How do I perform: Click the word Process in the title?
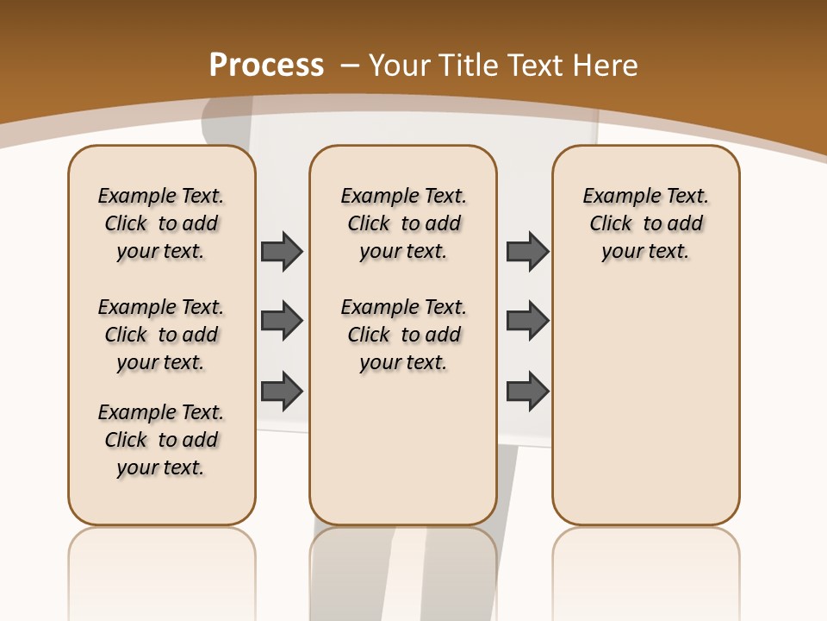(x=266, y=65)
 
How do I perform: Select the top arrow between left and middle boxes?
(x=282, y=251)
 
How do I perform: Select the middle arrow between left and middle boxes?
(x=282, y=321)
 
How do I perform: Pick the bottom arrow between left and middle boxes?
(x=282, y=391)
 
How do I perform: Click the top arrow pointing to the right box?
(x=527, y=251)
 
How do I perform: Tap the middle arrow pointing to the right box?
(x=527, y=321)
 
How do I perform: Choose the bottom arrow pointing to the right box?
(x=527, y=391)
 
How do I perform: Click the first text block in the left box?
(x=161, y=223)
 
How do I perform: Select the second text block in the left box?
(x=161, y=335)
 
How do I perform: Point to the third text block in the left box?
(x=161, y=440)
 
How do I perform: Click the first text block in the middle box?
(x=404, y=223)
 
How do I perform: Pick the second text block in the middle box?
(x=404, y=335)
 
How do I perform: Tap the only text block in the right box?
(x=645, y=223)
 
